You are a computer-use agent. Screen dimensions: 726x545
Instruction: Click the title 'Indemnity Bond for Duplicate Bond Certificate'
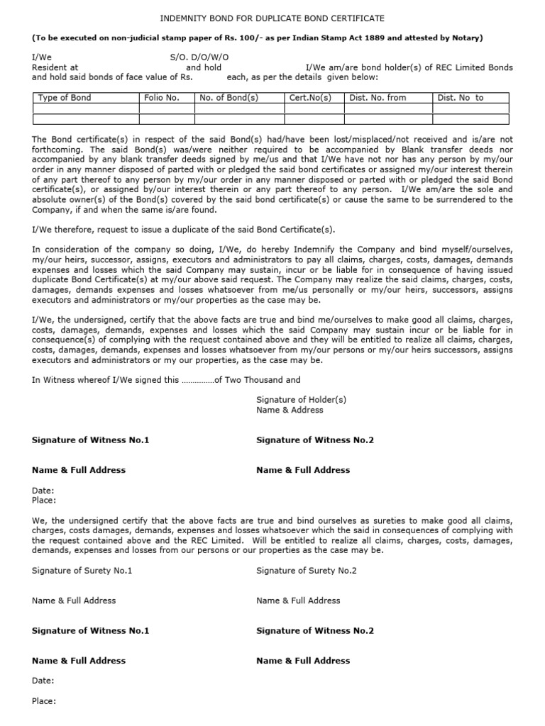(x=272, y=18)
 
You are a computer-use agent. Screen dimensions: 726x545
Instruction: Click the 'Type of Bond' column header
(x=65, y=98)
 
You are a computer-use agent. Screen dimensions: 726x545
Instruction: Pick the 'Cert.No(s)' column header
(x=311, y=98)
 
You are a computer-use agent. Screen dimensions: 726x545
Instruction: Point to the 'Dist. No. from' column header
(x=378, y=98)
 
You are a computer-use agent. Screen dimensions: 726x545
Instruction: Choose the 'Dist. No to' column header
(x=461, y=98)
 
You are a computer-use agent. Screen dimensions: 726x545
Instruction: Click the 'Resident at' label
(x=55, y=67)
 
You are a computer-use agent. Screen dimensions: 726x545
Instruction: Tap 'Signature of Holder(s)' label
(x=301, y=400)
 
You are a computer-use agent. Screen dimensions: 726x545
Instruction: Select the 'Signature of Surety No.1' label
(x=82, y=571)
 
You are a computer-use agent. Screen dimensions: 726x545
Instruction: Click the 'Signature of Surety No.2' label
(x=307, y=571)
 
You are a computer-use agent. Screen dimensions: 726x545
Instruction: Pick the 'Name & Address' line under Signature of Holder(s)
(x=290, y=410)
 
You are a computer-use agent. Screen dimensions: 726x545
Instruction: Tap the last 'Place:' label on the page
(x=44, y=701)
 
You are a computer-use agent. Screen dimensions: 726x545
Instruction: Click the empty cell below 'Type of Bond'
(x=86, y=108)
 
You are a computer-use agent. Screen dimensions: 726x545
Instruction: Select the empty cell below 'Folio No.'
(x=167, y=108)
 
